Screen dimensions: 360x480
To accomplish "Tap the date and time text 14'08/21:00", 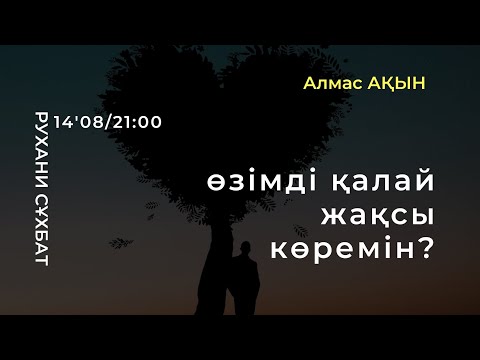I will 111,120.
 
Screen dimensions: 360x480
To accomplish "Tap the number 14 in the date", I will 70,120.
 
